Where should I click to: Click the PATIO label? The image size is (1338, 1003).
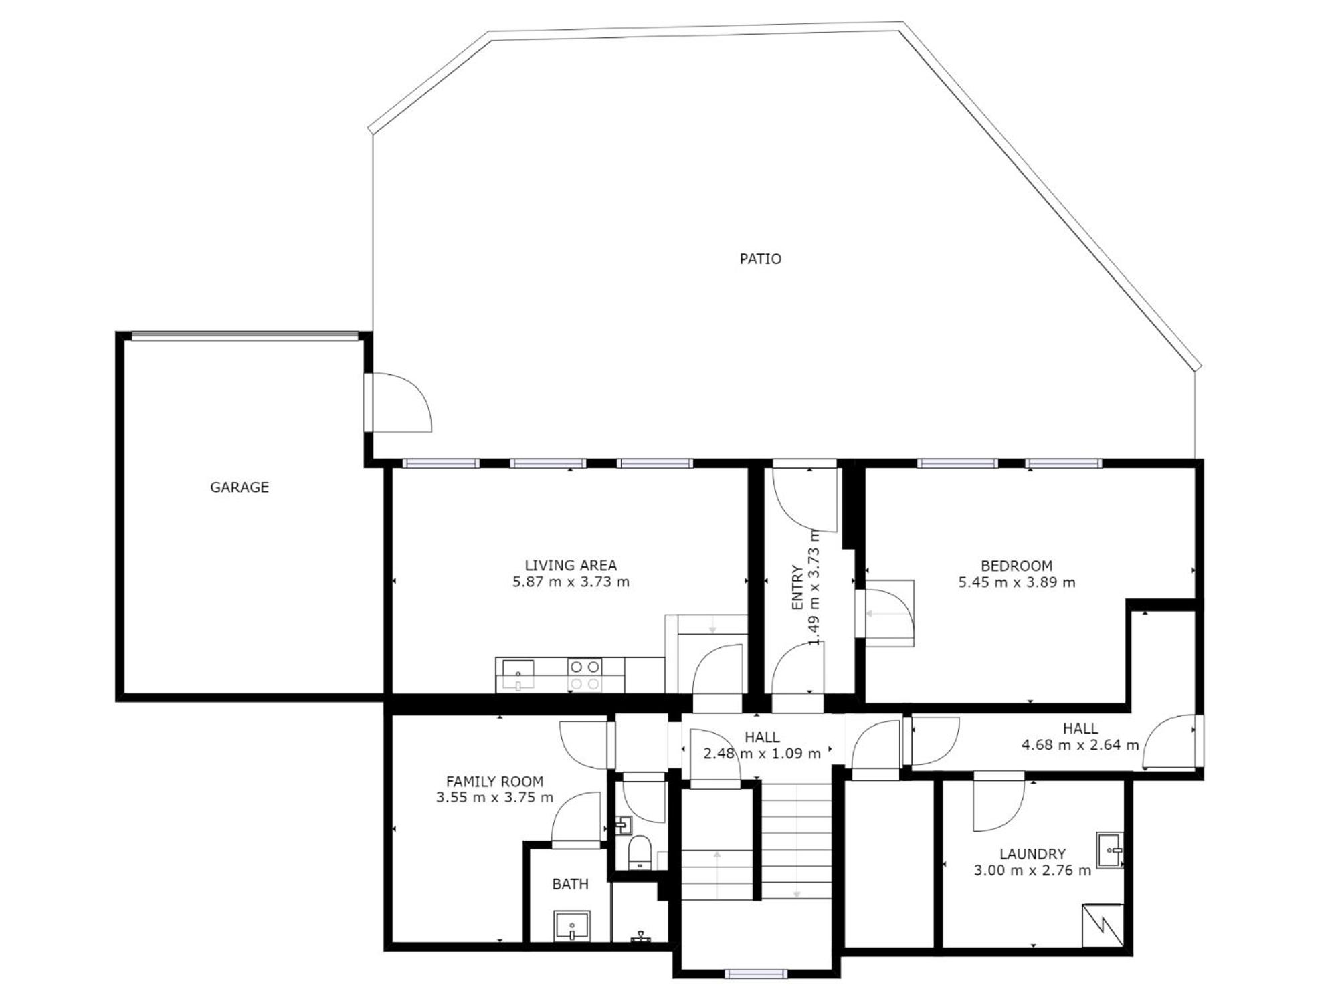point(760,259)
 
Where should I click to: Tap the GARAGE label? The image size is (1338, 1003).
point(240,487)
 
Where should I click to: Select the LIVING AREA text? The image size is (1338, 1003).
point(571,566)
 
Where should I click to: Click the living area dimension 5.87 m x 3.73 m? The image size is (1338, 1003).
point(571,582)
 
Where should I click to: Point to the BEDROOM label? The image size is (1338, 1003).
point(1016,566)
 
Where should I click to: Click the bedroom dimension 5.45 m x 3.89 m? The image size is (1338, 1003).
point(1016,582)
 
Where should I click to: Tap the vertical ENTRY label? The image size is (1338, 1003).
point(797,588)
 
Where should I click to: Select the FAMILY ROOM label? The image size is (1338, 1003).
point(494,781)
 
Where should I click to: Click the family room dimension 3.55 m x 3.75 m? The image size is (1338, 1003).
point(494,798)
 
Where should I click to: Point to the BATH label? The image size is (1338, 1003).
point(570,884)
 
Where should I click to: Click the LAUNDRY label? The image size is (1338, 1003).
point(1032,854)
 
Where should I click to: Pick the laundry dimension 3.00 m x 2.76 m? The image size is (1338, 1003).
point(1032,871)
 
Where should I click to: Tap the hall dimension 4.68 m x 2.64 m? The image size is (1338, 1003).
point(1080,745)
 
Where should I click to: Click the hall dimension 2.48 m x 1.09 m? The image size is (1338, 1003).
point(761,754)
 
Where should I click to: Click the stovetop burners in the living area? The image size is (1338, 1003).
point(584,675)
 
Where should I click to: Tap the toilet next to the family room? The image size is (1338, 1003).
point(640,851)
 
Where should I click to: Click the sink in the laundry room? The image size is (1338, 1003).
point(1110,850)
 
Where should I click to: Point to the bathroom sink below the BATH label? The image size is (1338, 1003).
point(572,926)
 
